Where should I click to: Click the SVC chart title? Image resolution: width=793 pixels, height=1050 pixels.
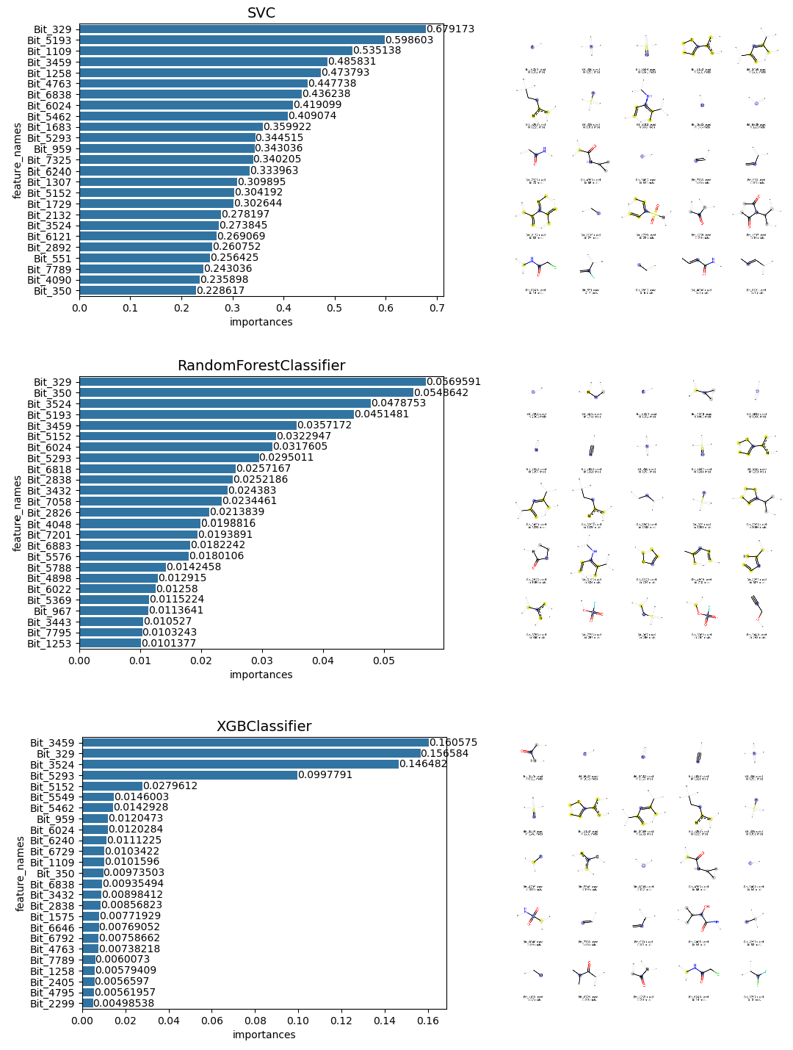pyautogui.click(x=261, y=12)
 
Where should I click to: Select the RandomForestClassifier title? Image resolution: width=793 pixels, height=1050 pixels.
pyautogui.click(x=261, y=365)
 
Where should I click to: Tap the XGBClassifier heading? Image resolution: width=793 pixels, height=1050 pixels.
pyautogui.click(x=264, y=726)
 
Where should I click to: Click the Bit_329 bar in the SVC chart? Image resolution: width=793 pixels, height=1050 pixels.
pyautogui.click(x=252, y=29)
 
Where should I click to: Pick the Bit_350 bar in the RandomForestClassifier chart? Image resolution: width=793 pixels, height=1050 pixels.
pyautogui.click(x=246, y=393)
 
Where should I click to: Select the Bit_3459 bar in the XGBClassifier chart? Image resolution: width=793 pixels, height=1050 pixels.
pyautogui.click(x=255, y=743)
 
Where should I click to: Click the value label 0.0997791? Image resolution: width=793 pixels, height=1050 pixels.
pyautogui.click(x=325, y=775)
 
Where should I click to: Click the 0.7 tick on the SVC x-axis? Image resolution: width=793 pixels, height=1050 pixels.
pyautogui.click(x=436, y=308)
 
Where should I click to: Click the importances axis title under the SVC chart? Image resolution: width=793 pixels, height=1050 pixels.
pyautogui.click(x=261, y=322)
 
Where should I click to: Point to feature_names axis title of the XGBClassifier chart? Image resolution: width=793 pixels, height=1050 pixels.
pyautogui.click(x=21, y=873)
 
